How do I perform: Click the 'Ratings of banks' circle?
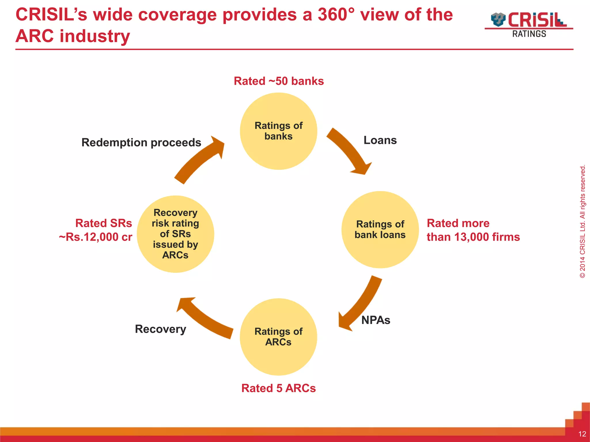[x=278, y=131]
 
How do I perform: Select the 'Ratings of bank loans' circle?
[x=380, y=230]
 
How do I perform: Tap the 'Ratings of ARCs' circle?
[x=278, y=337]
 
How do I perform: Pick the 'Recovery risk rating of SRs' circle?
[x=175, y=234]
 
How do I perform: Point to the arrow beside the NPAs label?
[x=360, y=305]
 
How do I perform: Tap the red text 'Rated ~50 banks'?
[x=279, y=81]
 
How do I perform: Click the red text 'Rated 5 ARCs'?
[x=278, y=388]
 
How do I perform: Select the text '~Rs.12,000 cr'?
[x=95, y=237]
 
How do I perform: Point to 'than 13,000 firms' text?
[x=473, y=237]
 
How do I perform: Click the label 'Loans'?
[x=380, y=140]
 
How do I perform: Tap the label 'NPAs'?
[x=376, y=320]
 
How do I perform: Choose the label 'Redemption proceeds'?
[x=141, y=143]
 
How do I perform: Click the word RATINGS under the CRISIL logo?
[x=529, y=34]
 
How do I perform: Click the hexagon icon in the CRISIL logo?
[x=498, y=20]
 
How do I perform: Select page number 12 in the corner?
[x=582, y=434]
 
